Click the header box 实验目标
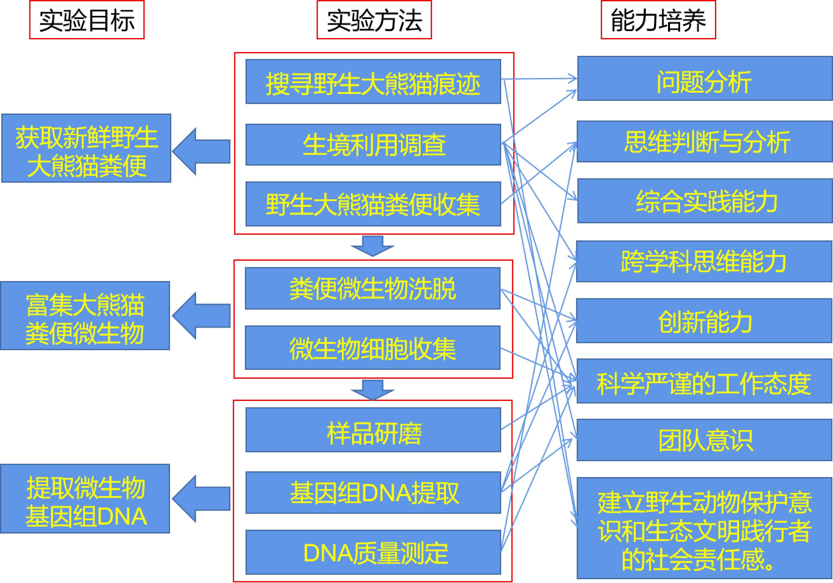(87, 20)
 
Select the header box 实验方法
(374, 20)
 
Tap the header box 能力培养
(658, 20)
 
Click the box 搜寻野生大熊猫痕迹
(373, 82)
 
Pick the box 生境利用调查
(373, 145)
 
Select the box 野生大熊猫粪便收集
(373, 204)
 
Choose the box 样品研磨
(373, 430)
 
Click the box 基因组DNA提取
(373, 493)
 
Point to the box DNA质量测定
(373, 553)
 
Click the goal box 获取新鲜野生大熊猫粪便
(86, 148)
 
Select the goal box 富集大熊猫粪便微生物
(85, 316)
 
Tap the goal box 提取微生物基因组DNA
(85, 499)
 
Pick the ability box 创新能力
(704, 321)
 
